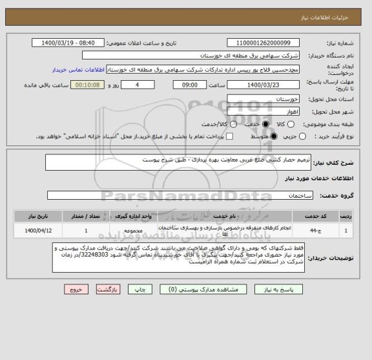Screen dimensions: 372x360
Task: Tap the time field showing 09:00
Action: point(190,85)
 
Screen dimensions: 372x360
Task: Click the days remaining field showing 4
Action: point(138,85)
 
